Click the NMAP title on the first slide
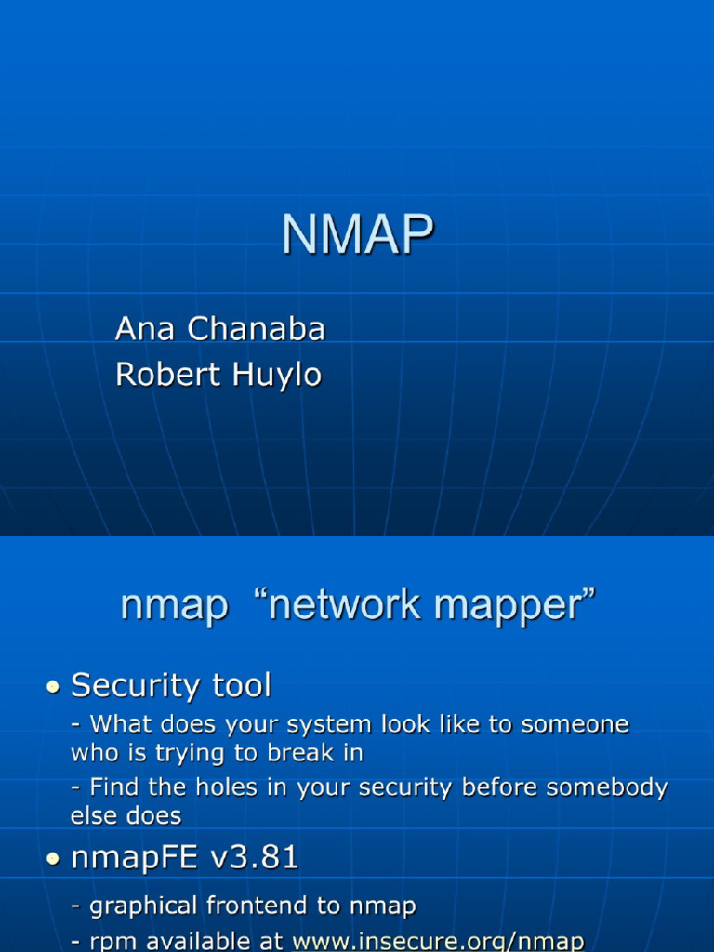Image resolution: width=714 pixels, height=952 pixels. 358,234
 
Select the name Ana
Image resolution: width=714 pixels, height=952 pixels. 146,328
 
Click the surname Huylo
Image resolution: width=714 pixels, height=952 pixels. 276,375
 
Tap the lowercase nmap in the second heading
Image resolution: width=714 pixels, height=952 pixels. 174,606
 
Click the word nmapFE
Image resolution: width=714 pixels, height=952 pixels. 134,857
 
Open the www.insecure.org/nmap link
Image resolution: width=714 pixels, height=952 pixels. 438,941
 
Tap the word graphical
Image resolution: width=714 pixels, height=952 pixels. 143,906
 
